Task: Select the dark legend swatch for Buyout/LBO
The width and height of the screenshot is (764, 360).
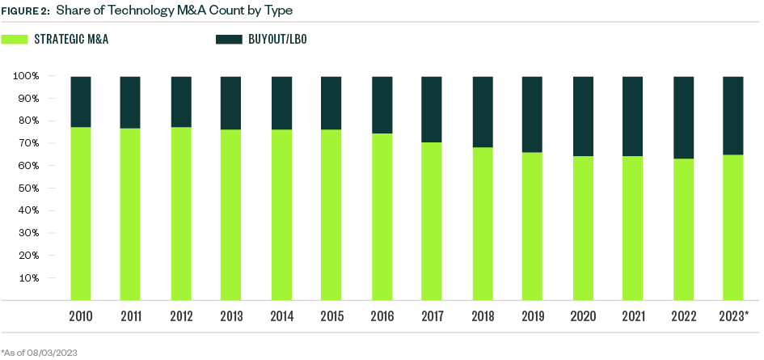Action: (x=224, y=39)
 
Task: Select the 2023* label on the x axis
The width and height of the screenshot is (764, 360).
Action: (x=733, y=314)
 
